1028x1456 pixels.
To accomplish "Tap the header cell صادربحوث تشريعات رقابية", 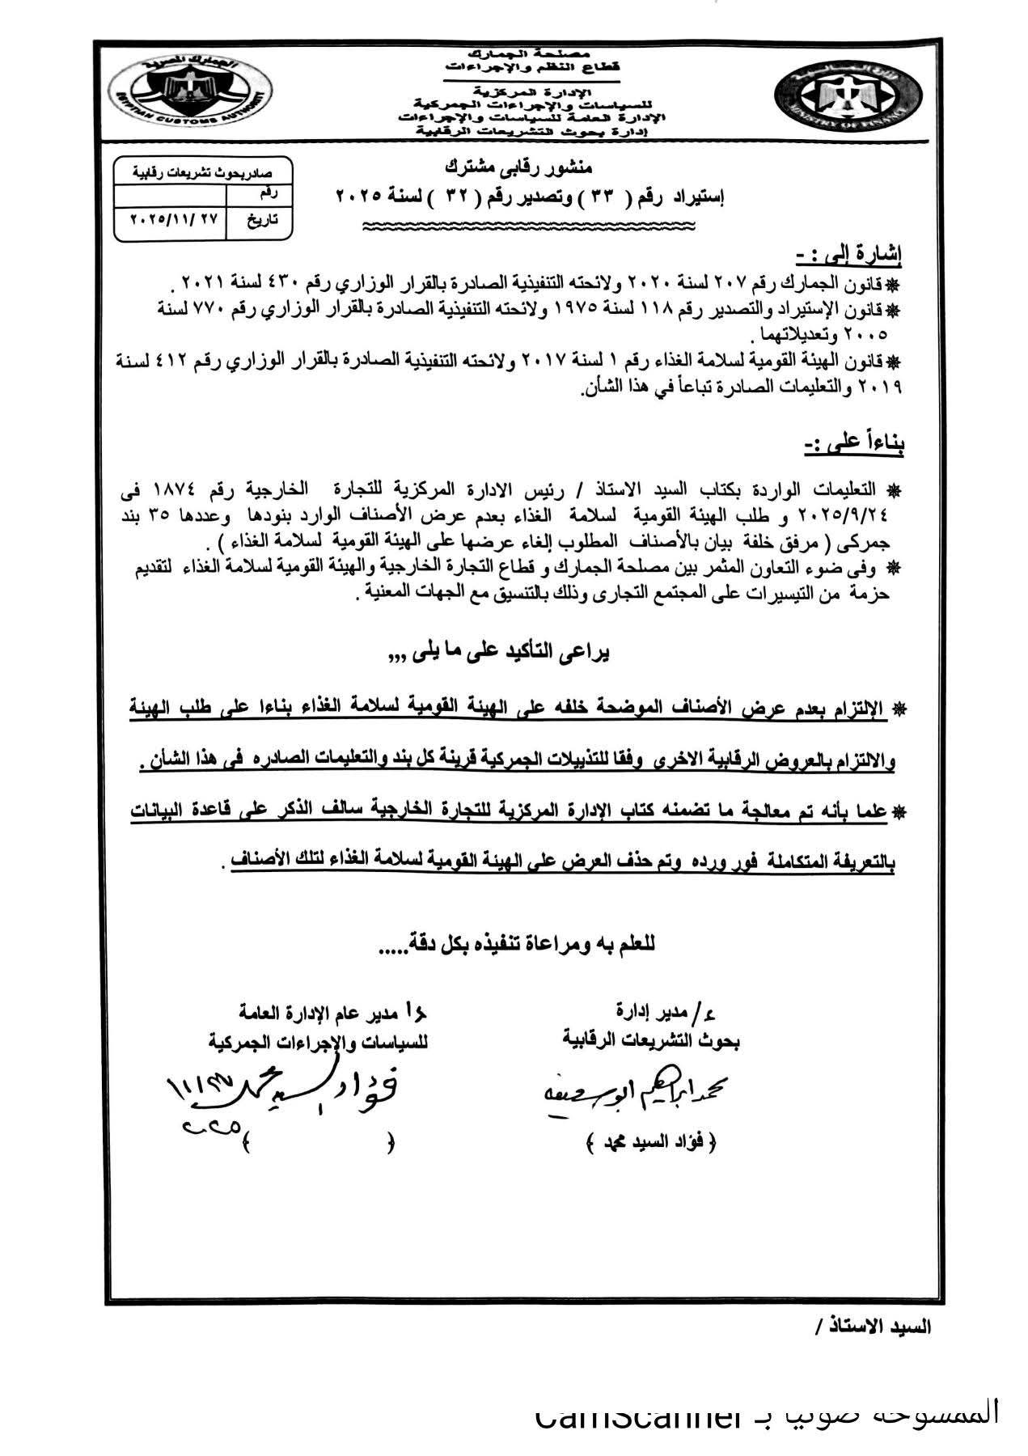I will point(203,173).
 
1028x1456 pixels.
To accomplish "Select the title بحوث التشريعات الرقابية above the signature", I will point(651,1040).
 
